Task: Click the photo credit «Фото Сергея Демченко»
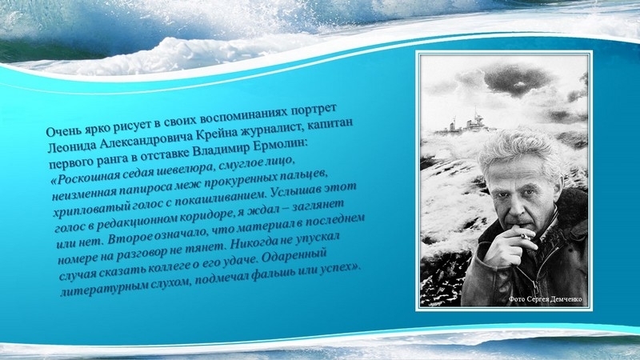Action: pos(546,299)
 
